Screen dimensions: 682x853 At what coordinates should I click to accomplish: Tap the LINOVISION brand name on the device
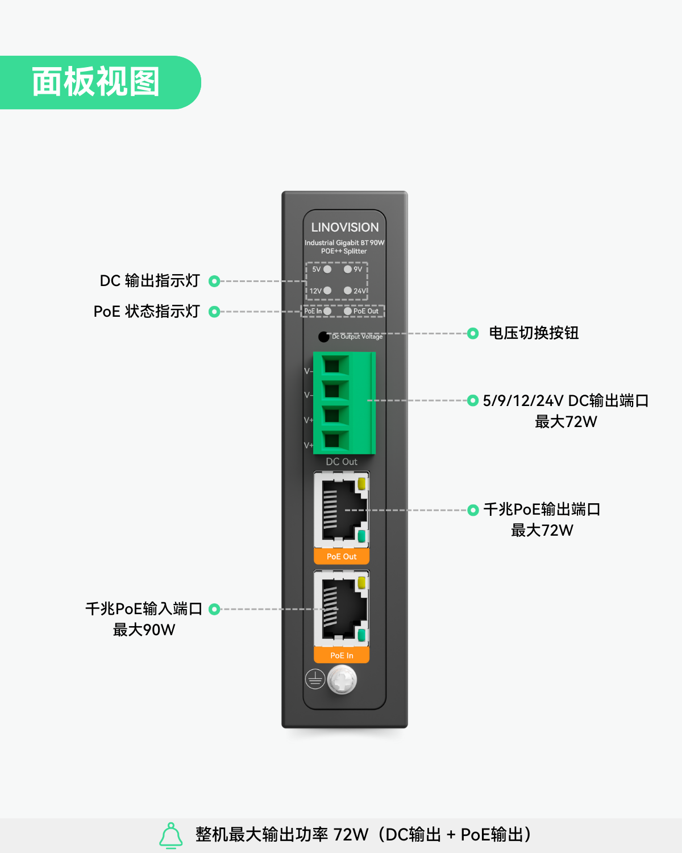tap(345, 227)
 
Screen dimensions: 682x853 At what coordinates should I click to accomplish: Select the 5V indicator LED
tap(327, 270)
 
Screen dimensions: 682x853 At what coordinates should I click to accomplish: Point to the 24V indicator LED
tap(348, 291)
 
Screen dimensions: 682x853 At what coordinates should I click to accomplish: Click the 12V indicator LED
tap(327, 291)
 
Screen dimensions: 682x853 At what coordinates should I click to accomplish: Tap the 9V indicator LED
tap(348, 270)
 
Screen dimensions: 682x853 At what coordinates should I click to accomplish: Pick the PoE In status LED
tap(327, 311)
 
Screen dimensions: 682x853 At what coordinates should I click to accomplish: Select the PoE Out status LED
tap(348, 311)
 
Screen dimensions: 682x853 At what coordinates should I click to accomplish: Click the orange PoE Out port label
tap(342, 557)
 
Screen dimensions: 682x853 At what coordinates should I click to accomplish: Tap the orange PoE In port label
tap(342, 656)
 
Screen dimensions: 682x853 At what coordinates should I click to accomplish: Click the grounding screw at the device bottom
tap(342, 680)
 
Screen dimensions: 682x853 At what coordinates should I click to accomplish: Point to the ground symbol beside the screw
tap(315, 680)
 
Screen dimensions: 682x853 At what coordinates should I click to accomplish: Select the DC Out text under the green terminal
tap(342, 462)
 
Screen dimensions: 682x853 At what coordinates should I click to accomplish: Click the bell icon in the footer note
tap(171, 835)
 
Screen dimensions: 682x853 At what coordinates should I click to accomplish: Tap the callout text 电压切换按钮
tap(534, 333)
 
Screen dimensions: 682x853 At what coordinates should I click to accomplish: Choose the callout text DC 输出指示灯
tap(150, 281)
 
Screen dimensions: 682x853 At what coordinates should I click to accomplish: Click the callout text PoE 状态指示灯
tap(147, 312)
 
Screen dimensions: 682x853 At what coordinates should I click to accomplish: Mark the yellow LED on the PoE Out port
tap(361, 484)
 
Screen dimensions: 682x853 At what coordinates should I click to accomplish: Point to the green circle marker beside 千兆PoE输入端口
tap(214, 609)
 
